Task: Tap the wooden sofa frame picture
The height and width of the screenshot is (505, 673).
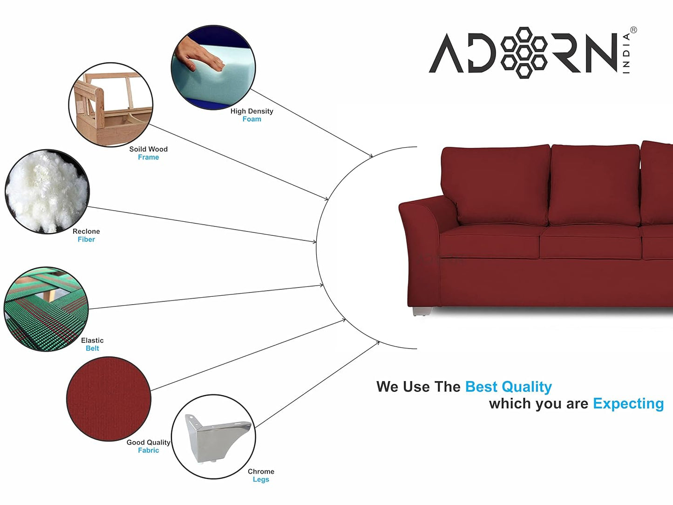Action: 111,104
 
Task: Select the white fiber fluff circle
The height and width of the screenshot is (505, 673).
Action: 47,191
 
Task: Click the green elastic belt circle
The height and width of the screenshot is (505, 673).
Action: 46,309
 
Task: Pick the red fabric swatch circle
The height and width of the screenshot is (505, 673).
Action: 109,399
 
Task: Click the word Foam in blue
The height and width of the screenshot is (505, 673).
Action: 252,119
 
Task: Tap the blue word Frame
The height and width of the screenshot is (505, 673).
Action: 149,157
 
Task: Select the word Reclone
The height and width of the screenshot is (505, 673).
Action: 86,231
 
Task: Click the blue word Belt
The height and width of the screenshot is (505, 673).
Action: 92,348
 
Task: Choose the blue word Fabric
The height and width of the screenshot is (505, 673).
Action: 149,450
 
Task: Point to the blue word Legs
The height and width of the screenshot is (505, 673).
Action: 261,479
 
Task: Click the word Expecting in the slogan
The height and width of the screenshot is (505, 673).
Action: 628,404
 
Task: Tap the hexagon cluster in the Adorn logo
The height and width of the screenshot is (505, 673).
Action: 524,53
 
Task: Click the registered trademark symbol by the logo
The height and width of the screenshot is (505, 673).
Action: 633,30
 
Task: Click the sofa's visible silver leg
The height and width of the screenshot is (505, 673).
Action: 422,311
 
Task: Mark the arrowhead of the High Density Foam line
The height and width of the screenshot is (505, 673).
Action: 371,156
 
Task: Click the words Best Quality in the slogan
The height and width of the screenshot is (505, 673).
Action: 508,387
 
